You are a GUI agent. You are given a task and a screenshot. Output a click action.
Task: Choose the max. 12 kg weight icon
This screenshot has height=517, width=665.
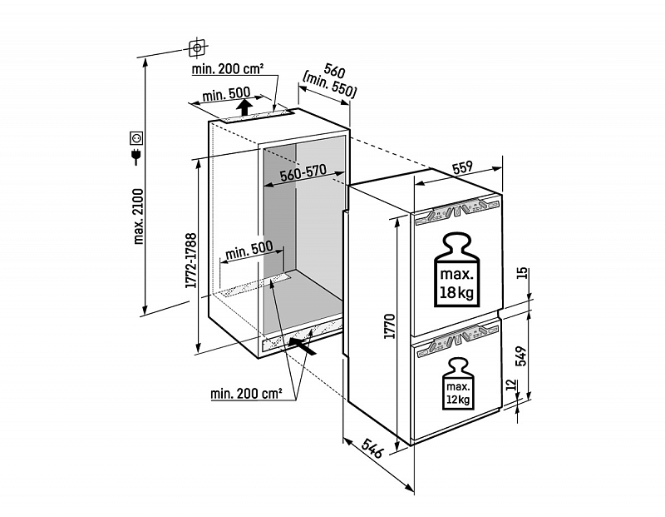458,384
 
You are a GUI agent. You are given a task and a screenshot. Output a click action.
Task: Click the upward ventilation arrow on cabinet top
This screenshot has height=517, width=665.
244,108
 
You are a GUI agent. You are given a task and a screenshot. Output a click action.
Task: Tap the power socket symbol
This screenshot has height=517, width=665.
136,137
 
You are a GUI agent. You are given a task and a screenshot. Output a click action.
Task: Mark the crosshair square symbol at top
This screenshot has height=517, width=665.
197,48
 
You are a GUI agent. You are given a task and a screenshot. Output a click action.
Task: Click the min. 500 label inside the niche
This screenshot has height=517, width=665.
249,247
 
